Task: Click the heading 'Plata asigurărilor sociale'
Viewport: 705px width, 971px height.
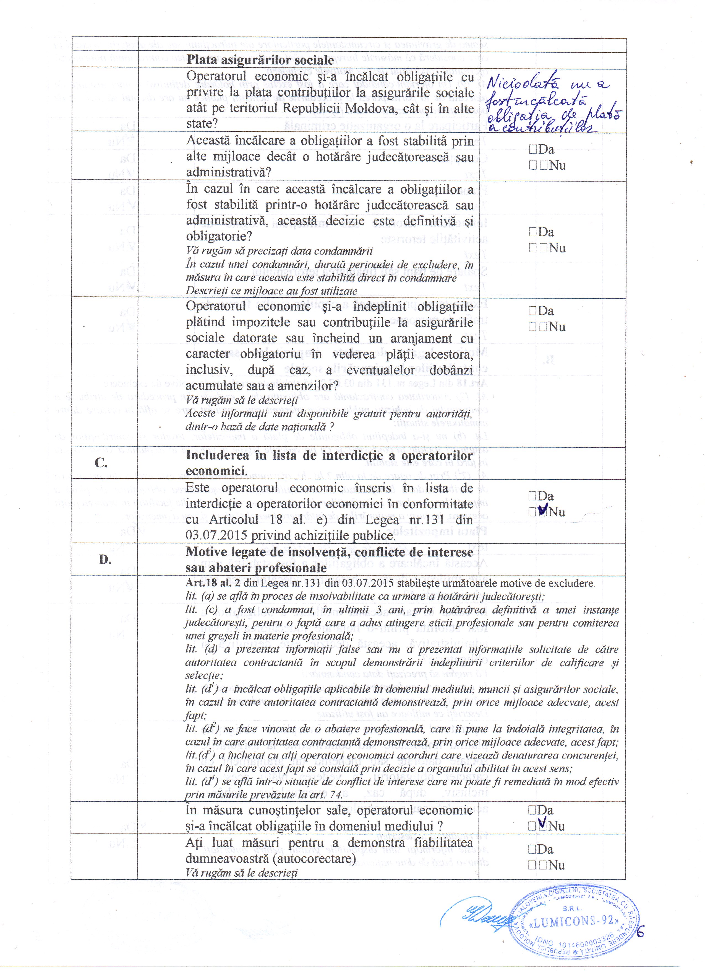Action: click(x=260, y=60)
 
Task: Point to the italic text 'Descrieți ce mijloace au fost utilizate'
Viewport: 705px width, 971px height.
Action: click(x=271, y=291)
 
